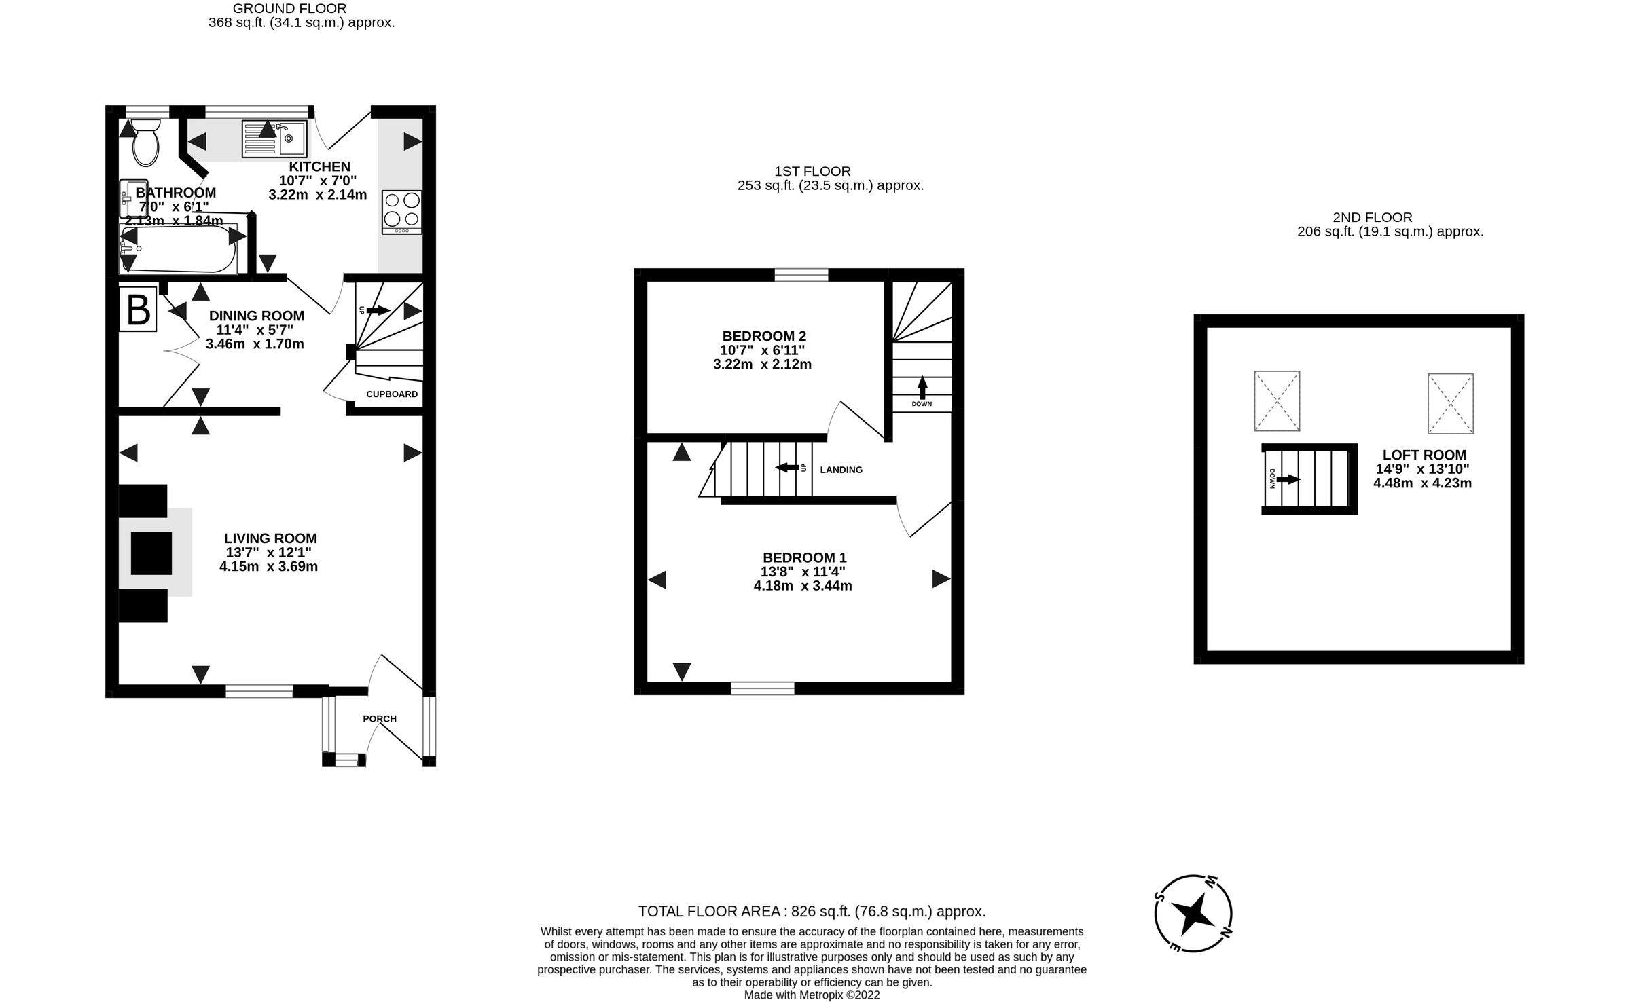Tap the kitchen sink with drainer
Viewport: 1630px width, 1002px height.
274,140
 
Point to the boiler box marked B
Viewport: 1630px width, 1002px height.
139,310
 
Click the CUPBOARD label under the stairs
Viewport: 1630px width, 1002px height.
392,394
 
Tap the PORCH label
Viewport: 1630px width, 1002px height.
380,718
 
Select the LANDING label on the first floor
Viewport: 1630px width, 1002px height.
841,470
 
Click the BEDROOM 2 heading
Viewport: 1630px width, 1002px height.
763,336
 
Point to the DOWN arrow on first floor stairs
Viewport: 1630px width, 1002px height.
922,389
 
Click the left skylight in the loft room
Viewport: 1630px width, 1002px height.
1277,401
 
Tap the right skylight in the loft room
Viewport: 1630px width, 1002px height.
1450,403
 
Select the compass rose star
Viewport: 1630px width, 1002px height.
1193,914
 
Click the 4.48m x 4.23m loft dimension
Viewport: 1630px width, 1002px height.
1422,483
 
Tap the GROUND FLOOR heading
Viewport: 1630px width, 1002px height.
289,9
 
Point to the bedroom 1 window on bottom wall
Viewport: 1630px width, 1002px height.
763,688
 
